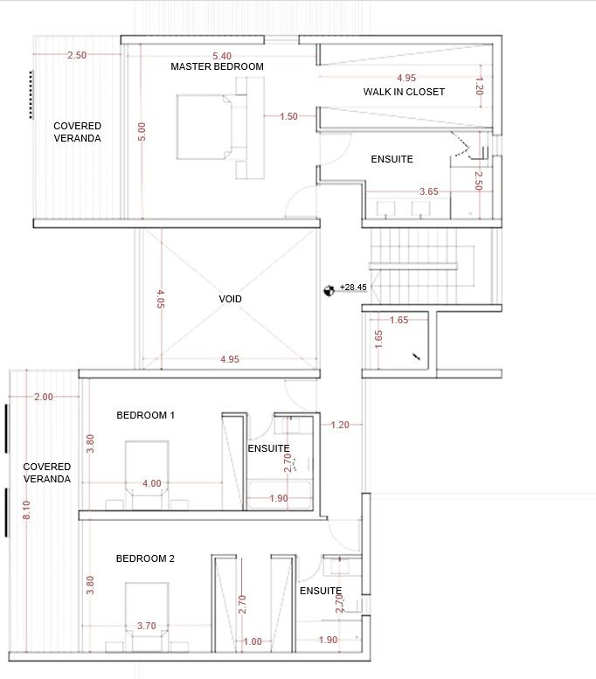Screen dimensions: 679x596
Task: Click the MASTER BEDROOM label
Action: (217, 66)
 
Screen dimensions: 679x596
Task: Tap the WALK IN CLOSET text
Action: (404, 92)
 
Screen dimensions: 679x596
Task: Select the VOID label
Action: (230, 299)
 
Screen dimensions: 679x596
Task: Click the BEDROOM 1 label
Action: (145, 415)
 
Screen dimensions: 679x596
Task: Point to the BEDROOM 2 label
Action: (145, 558)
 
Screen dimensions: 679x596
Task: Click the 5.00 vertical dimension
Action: (142, 133)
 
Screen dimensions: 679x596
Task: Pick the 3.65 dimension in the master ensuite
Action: (428, 191)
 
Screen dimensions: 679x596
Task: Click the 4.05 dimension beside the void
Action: (160, 300)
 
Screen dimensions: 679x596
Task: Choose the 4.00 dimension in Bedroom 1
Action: (151, 483)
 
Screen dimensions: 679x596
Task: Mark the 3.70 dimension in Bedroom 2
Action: (147, 626)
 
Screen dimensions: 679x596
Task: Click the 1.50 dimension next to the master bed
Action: (288, 116)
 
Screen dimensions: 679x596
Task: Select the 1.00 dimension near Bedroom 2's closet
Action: (252, 641)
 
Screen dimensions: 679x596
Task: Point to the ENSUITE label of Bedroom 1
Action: (268, 447)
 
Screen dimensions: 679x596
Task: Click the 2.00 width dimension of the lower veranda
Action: (43, 396)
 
